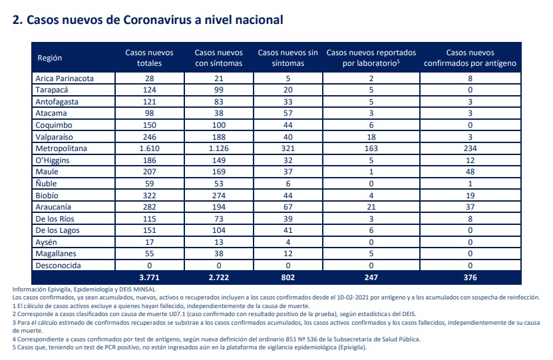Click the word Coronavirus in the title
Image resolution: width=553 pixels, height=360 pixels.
pyautogui.click(x=157, y=20)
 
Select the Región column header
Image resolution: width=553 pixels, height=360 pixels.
pyautogui.click(x=50, y=58)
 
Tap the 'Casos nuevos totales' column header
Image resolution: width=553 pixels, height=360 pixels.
pyautogui.click(x=149, y=58)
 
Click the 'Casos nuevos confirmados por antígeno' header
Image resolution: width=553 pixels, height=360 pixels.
pyautogui.click(x=470, y=58)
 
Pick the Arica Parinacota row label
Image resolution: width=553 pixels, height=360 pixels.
pyautogui.click(x=65, y=79)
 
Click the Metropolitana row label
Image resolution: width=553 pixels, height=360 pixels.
pyautogui.click(x=61, y=148)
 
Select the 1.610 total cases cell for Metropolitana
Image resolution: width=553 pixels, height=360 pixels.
pyautogui.click(x=149, y=148)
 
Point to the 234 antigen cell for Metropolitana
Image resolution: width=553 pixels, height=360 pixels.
pyautogui.click(x=470, y=148)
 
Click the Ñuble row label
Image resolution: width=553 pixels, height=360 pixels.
pyautogui.click(x=46, y=184)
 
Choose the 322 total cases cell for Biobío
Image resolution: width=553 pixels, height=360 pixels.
pyautogui.click(x=149, y=196)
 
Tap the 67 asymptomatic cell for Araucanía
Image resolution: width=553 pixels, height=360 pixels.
pyautogui.click(x=287, y=207)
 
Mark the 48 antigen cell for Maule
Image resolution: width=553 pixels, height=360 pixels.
pyautogui.click(x=470, y=172)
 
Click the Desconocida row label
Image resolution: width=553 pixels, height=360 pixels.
pyautogui.click(x=58, y=266)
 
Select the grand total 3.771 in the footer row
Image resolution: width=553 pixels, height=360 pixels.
pyautogui.click(x=149, y=277)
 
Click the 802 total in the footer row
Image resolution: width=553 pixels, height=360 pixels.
pyautogui.click(x=287, y=277)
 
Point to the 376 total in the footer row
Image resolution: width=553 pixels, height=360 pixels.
pyautogui.click(x=470, y=277)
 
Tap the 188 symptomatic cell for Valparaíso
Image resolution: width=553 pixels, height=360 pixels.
pyautogui.click(x=219, y=137)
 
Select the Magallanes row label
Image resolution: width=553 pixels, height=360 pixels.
pyautogui.click(x=56, y=254)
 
